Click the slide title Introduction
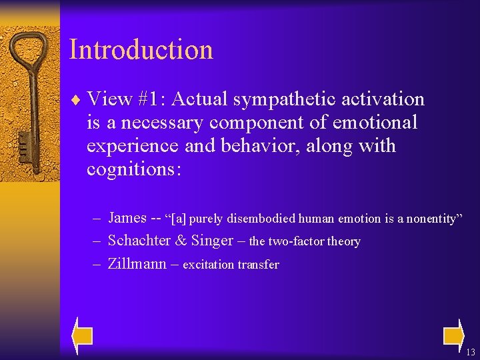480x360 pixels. point(141,50)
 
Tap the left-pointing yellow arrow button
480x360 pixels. point(82,335)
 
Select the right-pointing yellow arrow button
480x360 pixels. point(454,335)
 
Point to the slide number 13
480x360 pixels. point(471,353)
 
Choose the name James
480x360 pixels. point(127,217)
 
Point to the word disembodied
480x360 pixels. point(261,219)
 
